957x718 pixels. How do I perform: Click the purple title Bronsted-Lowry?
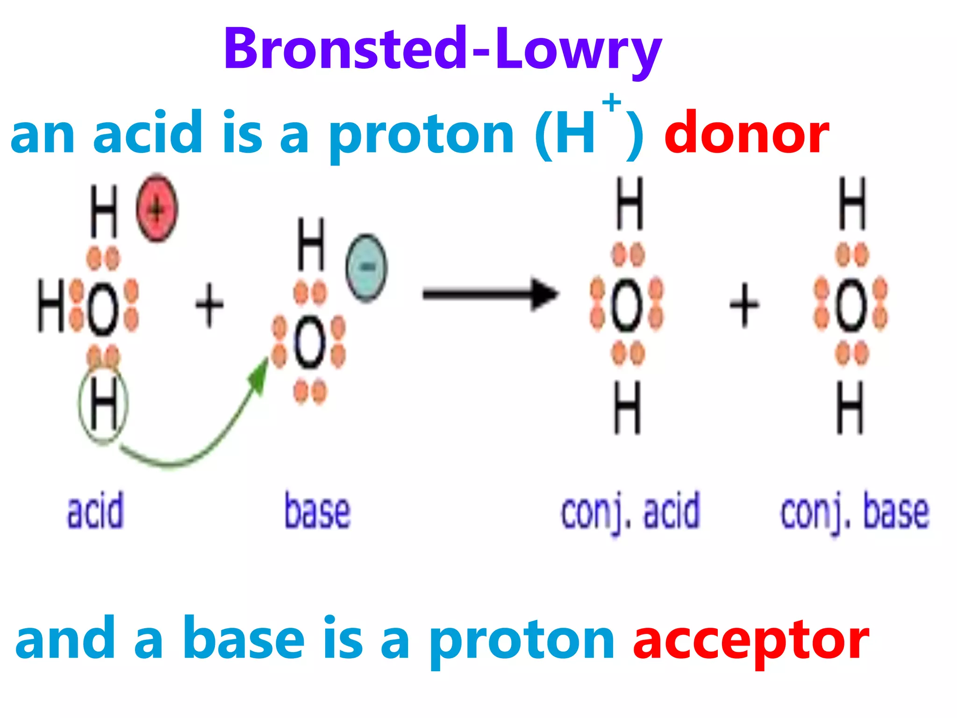click(443, 49)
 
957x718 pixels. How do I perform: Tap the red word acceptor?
click(750, 639)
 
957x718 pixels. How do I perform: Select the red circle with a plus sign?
click(157, 208)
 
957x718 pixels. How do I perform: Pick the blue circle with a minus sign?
click(366, 267)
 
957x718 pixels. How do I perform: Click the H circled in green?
click(103, 405)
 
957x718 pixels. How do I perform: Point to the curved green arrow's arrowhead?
click(259, 372)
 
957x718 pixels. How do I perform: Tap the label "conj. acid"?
click(630, 512)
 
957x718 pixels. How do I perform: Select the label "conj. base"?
click(855, 512)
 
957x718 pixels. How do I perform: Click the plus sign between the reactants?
click(209, 305)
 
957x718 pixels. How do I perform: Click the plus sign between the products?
click(744, 305)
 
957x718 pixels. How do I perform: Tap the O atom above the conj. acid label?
click(627, 305)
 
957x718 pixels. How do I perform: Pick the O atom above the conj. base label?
click(850, 305)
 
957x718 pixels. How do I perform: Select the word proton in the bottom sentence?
click(522, 639)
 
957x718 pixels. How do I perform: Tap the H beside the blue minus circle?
click(311, 244)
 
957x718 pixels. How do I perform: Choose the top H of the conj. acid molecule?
click(629, 203)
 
